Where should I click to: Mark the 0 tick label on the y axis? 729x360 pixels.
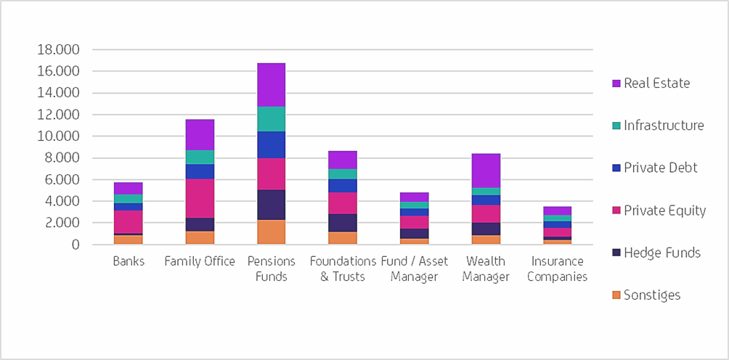tap(76, 245)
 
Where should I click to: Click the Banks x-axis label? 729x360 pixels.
tap(128, 261)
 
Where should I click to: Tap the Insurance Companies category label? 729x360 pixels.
tap(557, 269)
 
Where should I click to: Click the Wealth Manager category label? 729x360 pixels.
tap(486, 269)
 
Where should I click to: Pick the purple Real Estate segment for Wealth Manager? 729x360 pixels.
tap(486, 171)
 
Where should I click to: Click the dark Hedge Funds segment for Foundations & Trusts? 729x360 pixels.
tap(343, 223)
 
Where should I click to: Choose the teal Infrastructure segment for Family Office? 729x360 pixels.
tap(200, 157)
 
